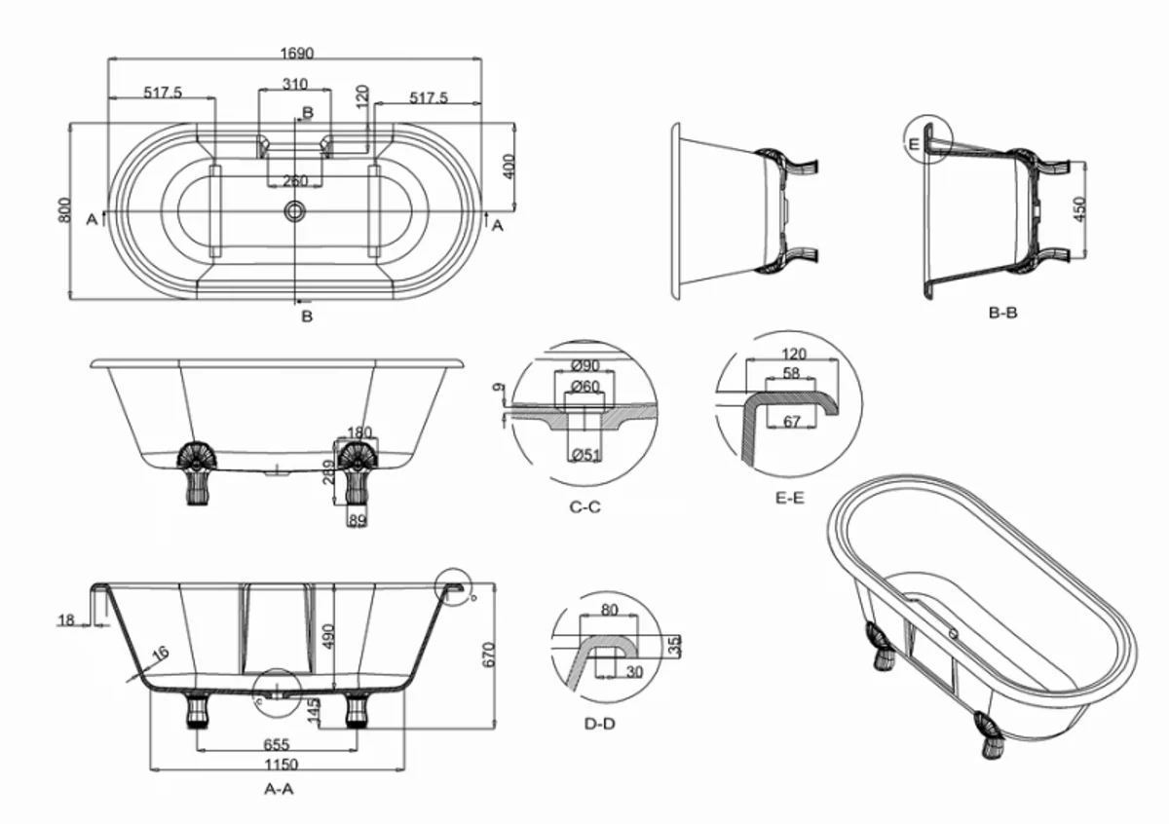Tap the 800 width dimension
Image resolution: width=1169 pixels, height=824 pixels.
65,211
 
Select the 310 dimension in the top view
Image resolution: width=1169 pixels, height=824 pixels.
294,85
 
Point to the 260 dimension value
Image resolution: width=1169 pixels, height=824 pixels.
294,181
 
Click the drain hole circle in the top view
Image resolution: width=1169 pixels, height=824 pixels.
294,210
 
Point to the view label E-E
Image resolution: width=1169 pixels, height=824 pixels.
789,497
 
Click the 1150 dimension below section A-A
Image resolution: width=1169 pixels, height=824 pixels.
279,765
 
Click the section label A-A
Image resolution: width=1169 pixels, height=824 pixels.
280,789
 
